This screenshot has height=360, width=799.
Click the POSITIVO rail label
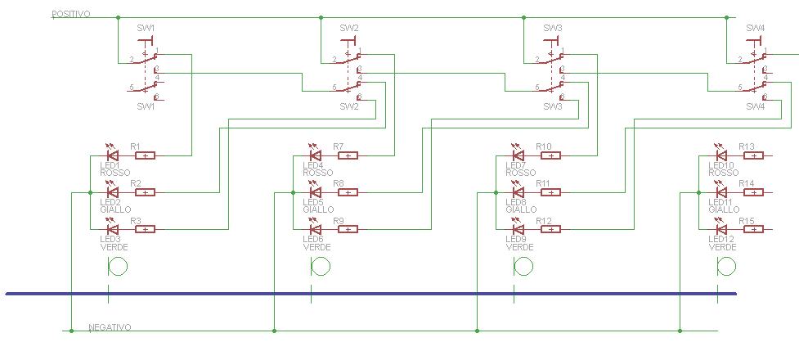[x=71, y=15]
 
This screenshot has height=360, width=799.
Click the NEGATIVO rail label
[x=110, y=327]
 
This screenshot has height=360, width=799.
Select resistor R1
[x=145, y=155]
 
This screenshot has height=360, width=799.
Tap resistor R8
[x=348, y=192]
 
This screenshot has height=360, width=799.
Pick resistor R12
[x=550, y=229]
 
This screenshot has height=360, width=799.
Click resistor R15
[x=752, y=229]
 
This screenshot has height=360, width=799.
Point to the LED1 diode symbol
[x=112, y=155]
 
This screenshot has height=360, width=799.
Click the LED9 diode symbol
[x=518, y=229]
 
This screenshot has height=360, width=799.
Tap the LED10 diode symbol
[x=720, y=155]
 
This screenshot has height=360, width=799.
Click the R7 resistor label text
[x=339, y=146]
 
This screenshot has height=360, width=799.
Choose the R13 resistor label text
[x=746, y=146]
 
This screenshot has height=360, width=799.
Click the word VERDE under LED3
[x=113, y=247]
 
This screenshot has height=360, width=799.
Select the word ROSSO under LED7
[x=521, y=173]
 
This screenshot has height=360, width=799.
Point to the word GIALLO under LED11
[x=724, y=209]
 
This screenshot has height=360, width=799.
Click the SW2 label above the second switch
[x=349, y=28]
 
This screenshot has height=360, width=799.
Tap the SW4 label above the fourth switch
[x=755, y=28]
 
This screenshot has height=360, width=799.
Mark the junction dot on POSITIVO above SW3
[x=523, y=17]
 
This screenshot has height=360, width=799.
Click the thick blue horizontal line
[x=368, y=293]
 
